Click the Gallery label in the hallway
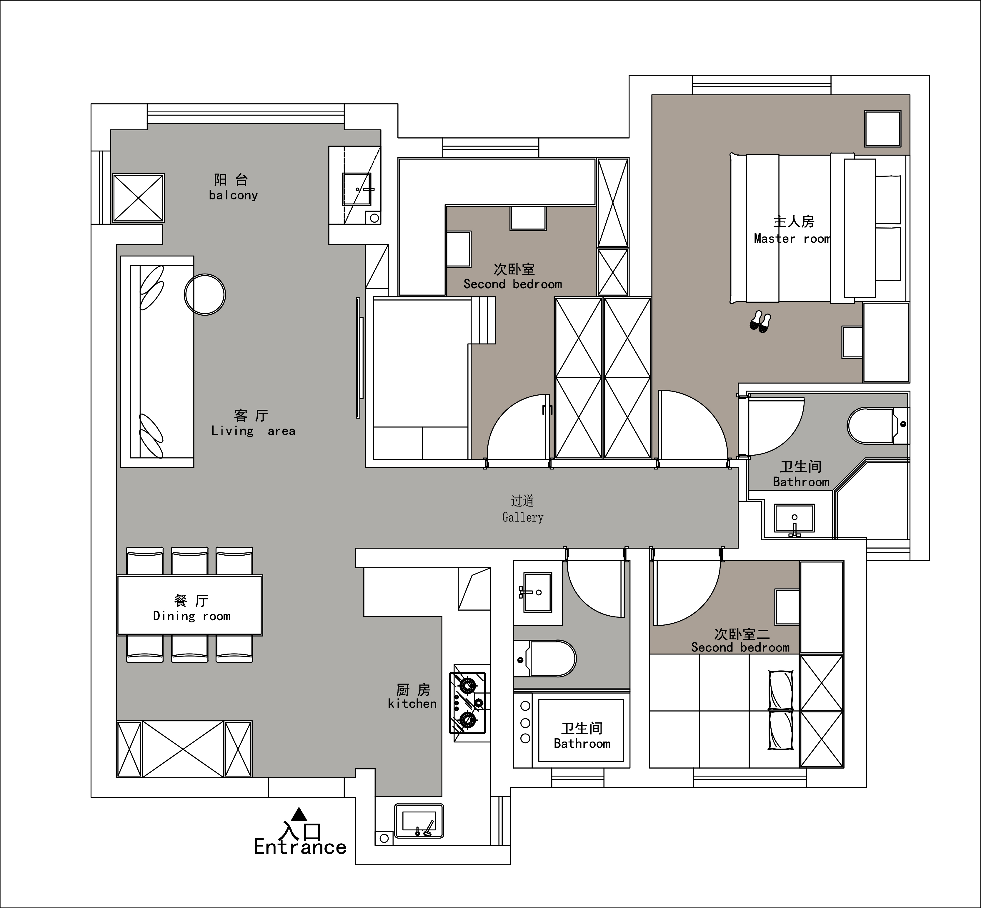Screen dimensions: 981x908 [x=523, y=517]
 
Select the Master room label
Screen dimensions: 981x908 [x=792, y=239]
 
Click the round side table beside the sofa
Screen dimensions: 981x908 [x=205, y=294]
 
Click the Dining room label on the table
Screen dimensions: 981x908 [x=191, y=616]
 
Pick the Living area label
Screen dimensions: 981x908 [x=253, y=431]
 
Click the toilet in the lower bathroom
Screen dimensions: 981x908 [x=545, y=658]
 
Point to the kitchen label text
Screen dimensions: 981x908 [x=412, y=704]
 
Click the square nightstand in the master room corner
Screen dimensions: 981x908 [x=883, y=129]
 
